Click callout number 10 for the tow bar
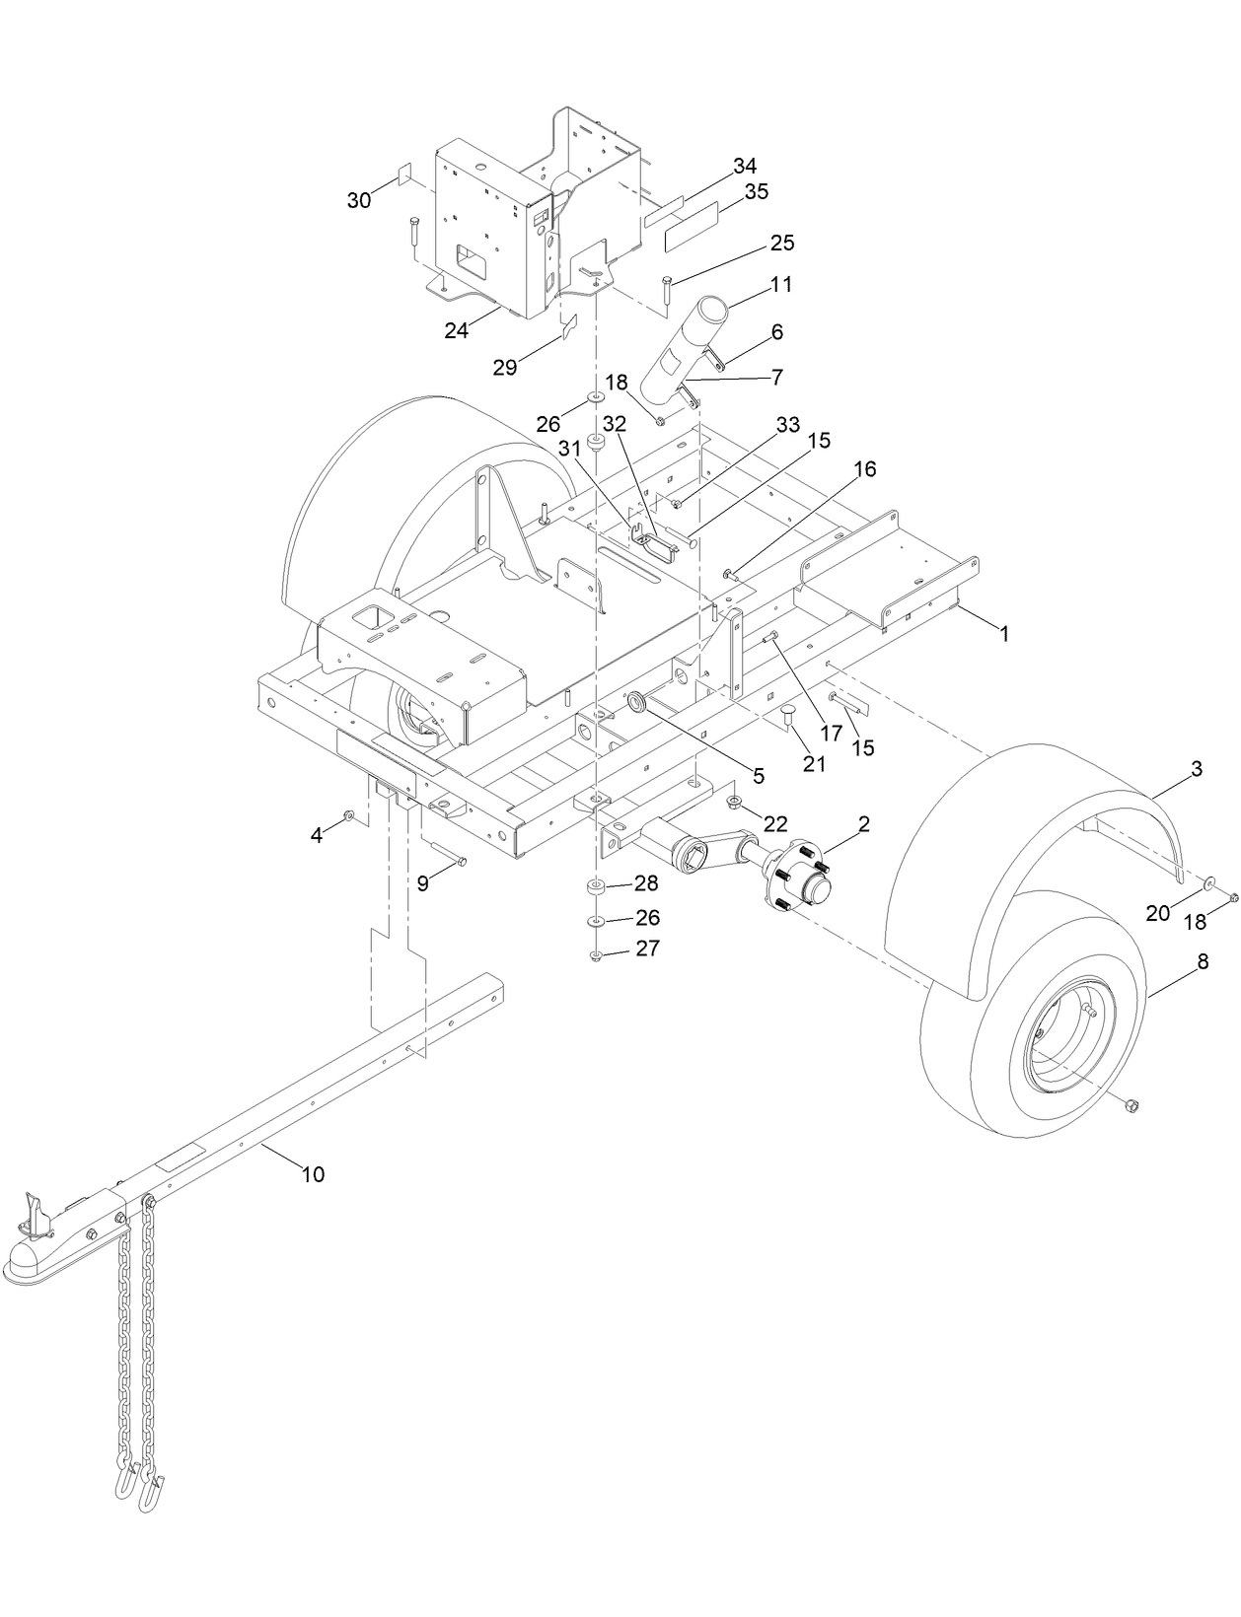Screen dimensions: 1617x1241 (313, 1174)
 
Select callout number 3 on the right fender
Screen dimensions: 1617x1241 (1196, 770)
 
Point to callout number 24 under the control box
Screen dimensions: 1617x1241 (456, 330)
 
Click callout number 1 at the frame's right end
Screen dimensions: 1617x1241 (1004, 635)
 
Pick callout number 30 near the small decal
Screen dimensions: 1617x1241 (359, 200)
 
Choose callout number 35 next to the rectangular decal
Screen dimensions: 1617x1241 (756, 191)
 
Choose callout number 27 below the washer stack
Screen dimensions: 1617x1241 (647, 949)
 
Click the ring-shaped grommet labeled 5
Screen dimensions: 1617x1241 (637, 702)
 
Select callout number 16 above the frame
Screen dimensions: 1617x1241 (864, 468)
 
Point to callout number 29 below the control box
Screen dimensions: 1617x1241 (505, 367)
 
